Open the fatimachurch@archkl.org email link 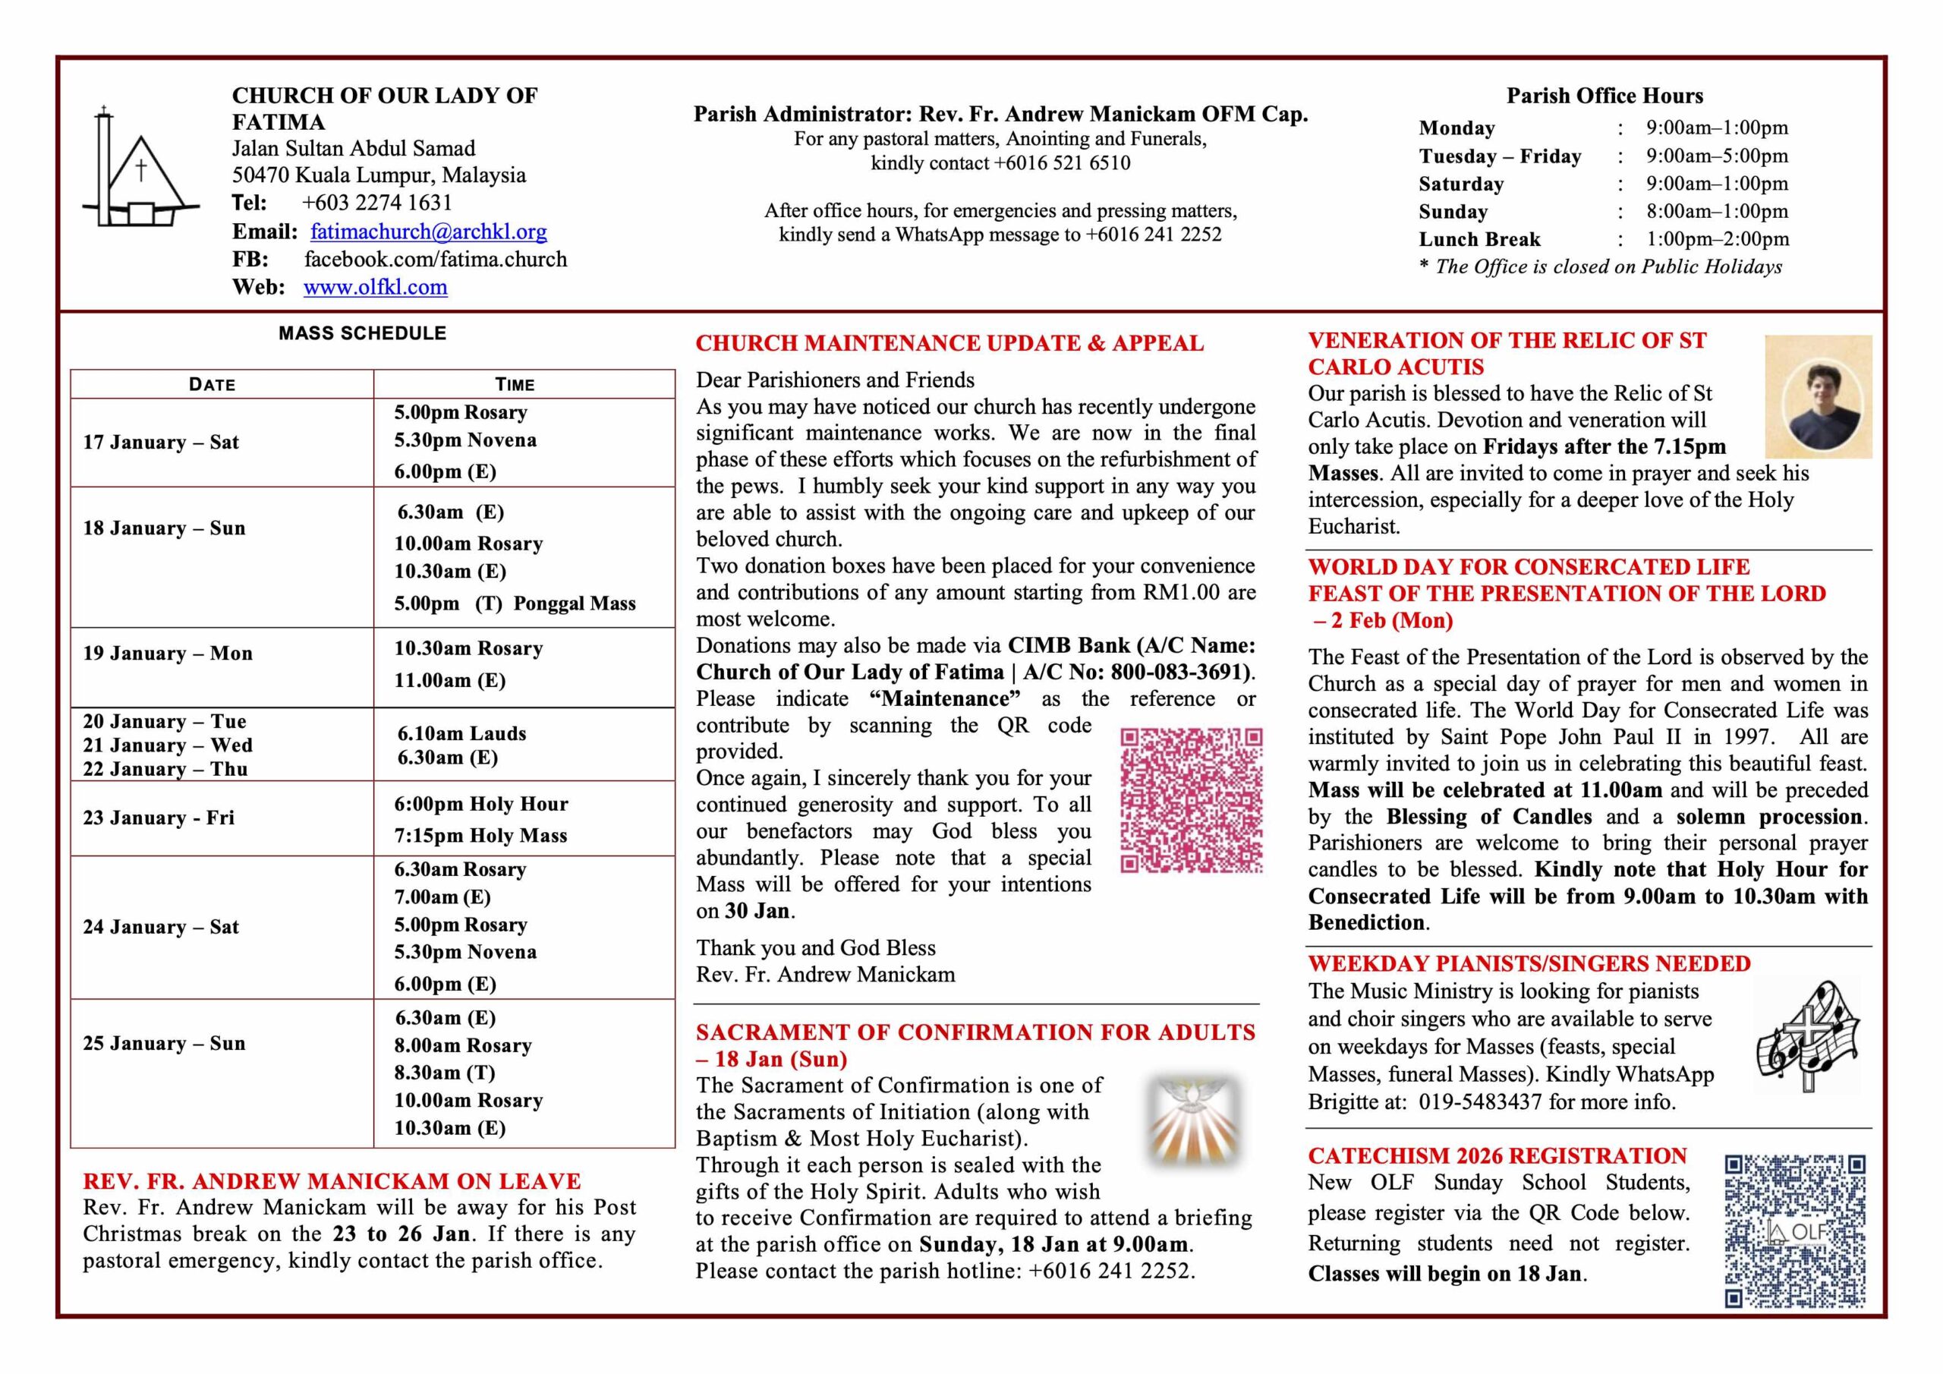(428, 231)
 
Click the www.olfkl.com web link (375, 287)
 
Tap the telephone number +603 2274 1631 (376, 203)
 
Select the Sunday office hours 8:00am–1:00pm (1717, 212)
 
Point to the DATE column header (213, 384)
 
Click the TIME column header (515, 384)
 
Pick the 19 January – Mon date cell (168, 654)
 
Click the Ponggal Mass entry (574, 603)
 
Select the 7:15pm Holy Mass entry (480, 836)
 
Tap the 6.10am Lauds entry (461, 733)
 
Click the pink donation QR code (1192, 800)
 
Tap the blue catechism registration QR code (1795, 1231)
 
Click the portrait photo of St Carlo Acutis (1818, 397)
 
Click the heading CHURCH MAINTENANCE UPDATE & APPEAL (949, 343)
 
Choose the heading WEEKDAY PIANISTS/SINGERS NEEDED (1529, 963)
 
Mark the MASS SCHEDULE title (362, 333)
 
